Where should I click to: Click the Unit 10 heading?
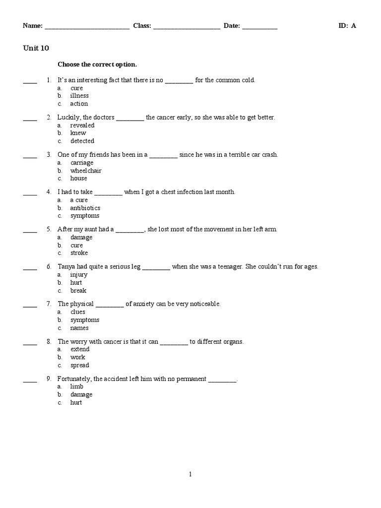36,48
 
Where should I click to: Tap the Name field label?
33,26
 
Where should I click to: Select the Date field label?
232,26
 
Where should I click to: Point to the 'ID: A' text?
347,26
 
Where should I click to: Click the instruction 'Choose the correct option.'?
97,64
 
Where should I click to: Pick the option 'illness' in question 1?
79,96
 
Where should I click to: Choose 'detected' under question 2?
82,141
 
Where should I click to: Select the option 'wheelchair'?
85,171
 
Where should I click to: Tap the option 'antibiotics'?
85,208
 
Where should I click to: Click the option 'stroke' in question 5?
79,253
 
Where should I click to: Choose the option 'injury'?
79,275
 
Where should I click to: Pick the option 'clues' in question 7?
78,312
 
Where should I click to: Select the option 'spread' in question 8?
79,365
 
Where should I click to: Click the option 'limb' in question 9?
77,386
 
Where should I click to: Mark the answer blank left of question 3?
30,156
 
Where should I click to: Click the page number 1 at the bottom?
190,474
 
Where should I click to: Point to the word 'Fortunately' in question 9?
74,379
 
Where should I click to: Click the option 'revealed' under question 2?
82,126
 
